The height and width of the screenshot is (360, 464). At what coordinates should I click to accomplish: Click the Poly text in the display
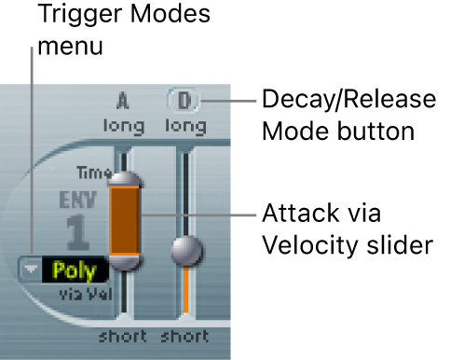75,270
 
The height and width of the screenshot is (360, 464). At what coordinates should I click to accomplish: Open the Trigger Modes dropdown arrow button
31,269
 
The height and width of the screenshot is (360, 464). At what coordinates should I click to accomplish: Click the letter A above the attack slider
123,101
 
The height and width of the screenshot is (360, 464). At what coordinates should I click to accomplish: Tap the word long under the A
124,127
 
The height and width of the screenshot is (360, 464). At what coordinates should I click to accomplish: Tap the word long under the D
185,127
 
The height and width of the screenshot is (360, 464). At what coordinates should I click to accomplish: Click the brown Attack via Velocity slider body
124,221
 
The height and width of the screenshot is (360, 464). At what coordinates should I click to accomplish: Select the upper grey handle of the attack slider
125,179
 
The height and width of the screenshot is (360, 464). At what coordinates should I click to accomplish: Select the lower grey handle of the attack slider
125,263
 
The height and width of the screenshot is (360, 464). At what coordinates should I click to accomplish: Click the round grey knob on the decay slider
187,251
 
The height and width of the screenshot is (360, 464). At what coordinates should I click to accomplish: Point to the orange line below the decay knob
185,289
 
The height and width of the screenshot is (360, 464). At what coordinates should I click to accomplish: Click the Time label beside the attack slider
94,173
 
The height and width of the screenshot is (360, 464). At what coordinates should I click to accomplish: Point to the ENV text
78,200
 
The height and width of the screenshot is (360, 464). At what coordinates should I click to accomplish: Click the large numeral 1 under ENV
76,232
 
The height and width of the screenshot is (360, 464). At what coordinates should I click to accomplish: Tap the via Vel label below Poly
86,294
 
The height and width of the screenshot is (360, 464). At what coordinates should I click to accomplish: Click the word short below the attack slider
123,337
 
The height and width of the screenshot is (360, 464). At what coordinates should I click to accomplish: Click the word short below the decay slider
184,337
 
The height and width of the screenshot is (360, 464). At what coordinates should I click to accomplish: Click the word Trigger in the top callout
80,15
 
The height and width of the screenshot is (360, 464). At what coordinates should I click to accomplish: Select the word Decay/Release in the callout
349,100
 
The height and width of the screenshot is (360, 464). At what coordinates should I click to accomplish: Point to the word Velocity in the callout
310,245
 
